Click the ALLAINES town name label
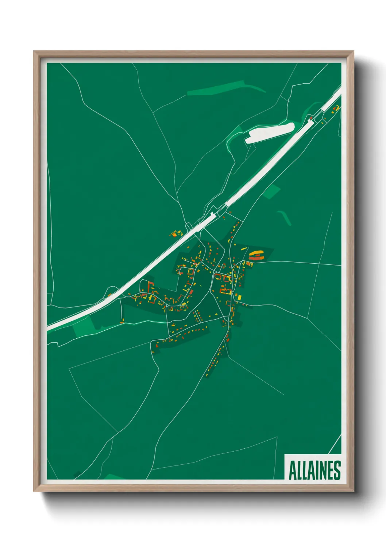pyautogui.click(x=314, y=470)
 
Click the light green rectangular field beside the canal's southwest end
pyautogui.click(x=82, y=327)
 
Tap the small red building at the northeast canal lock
pyautogui.click(x=310, y=118)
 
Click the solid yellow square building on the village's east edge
pyautogui.click(x=239, y=297)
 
